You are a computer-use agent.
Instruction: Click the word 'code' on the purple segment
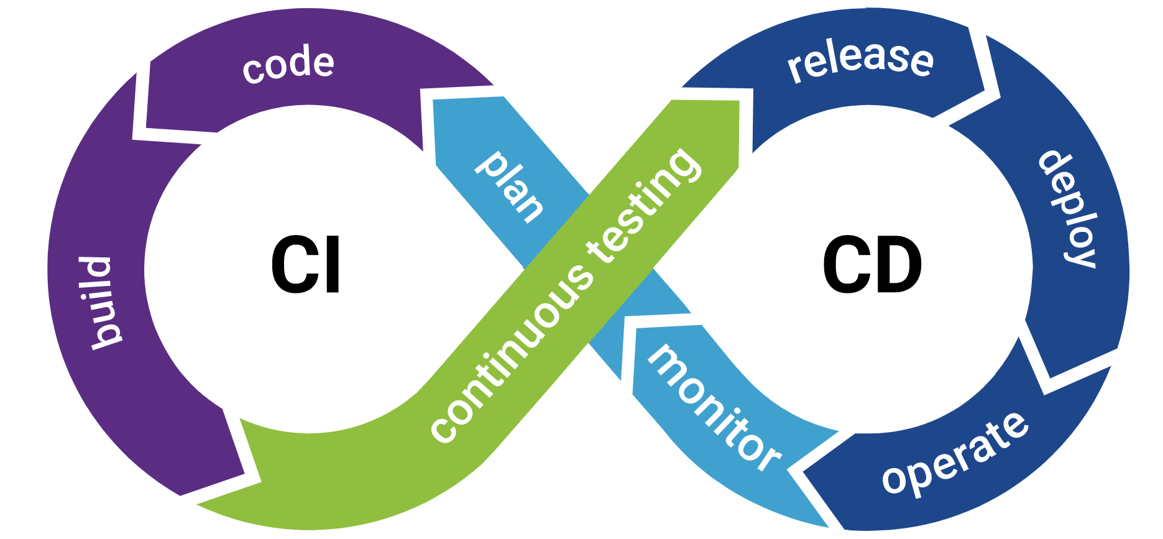point(288,64)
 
